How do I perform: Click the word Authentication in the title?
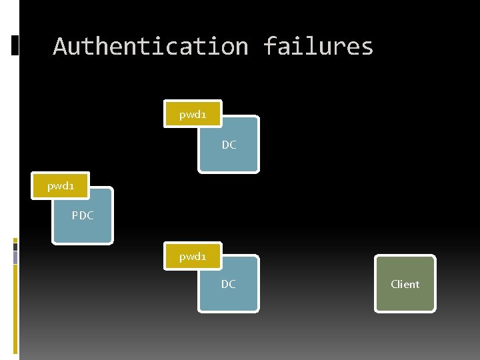pos(151,47)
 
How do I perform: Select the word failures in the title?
pos(318,47)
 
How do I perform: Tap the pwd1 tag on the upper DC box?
pos(193,115)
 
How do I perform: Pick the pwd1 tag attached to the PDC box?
pos(60,186)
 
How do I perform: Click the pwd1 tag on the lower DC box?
pos(193,256)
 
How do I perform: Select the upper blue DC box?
pos(229,153)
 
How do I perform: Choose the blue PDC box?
pos(83,223)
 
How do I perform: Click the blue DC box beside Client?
pos(228,293)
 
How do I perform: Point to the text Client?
pos(405,284)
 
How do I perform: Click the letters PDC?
pos(83,215)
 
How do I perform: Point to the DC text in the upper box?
pos(229,145)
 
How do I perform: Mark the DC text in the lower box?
pos(228,284)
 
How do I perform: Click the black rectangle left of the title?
pos(15,45)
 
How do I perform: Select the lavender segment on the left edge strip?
pos(15,257)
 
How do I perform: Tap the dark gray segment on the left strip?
pos(15,247)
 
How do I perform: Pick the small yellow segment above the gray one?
pos(15,240)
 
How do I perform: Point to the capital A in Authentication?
pos(60,47)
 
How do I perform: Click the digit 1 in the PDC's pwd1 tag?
pos(71,186)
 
